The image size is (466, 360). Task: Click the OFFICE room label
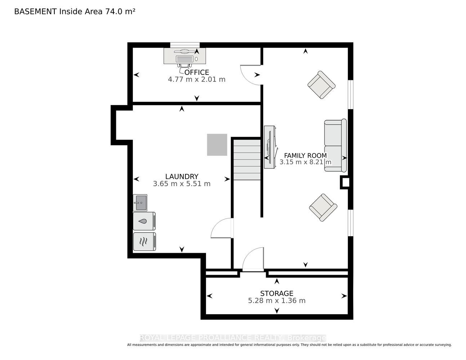coord(196,72)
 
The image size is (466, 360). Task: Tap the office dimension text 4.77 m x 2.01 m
coord(196,80)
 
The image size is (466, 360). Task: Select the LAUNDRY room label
coord(182,176)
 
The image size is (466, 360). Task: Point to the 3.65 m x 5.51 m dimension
coord(182,184)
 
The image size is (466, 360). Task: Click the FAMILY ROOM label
coord(305,156)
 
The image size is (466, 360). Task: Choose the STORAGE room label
coord(277,293)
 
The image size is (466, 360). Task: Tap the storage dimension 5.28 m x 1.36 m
coord(277,301)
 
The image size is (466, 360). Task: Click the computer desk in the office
coord(185,56)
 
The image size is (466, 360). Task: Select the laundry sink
coord(140,203)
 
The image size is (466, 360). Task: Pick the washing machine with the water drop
coord(144,221)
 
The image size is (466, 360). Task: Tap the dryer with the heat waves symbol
coord(144,242)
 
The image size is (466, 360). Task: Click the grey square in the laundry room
coord(217,145)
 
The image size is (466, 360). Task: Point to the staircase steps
coord(247,160)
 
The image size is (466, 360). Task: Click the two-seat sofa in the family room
coord(335,145)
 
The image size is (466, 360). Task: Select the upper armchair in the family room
coord(322,85)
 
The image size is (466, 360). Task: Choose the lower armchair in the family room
coord(323,208)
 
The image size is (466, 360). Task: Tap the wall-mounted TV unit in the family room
coord(270,147)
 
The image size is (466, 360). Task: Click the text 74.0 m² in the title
coord(120,12)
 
